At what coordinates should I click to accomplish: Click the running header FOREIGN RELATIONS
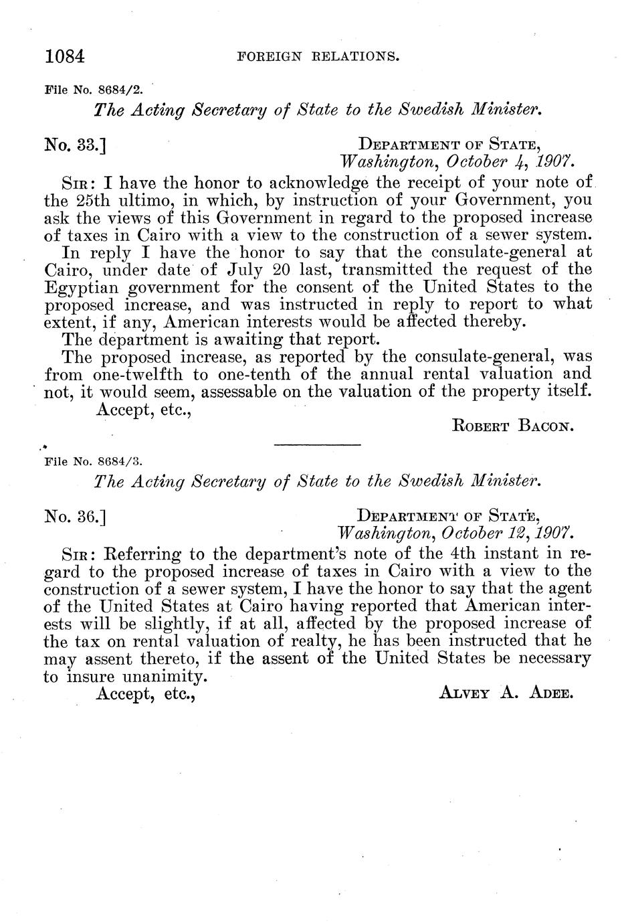318,57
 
